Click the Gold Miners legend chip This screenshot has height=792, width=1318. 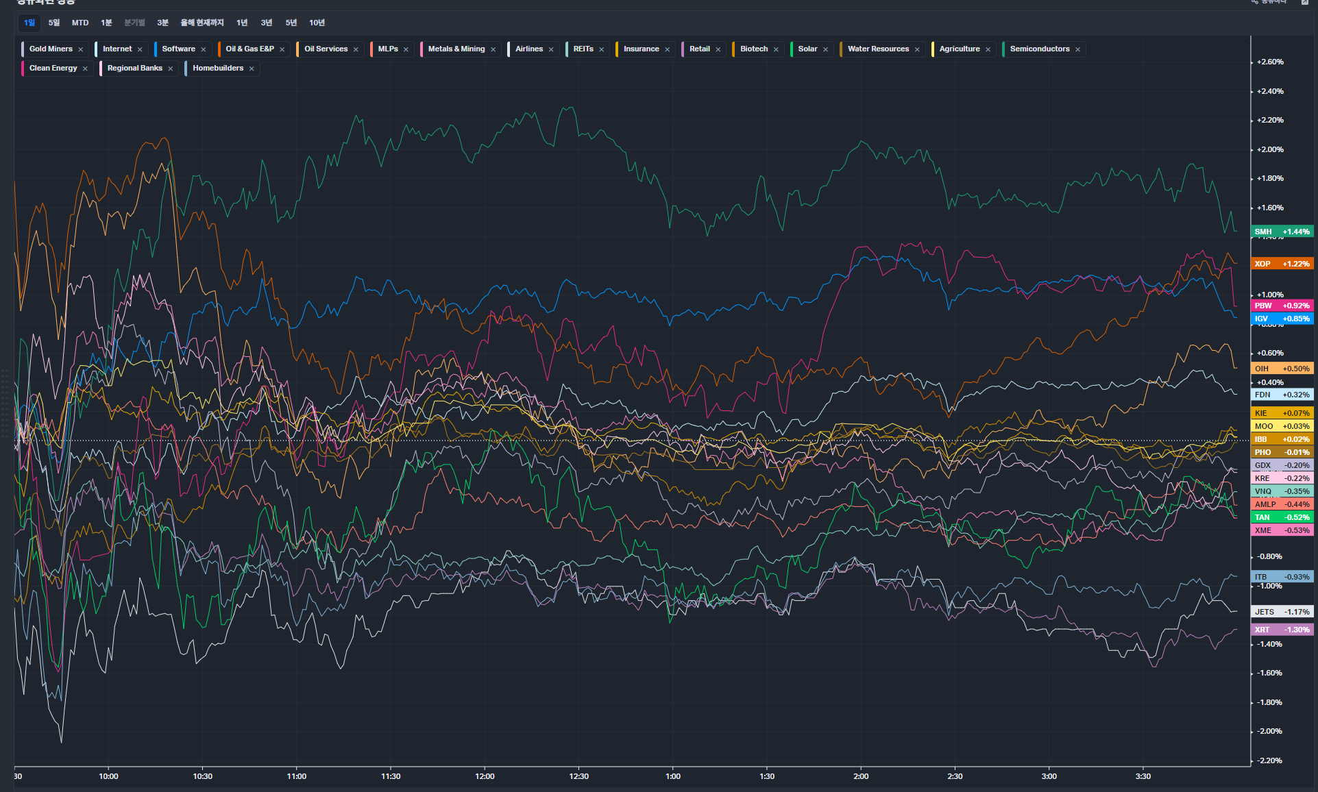51,49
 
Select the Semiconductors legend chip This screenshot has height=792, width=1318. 1039,49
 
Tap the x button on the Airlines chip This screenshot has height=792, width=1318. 551,49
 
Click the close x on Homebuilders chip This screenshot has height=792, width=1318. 252,69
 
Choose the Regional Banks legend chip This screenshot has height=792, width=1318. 134,69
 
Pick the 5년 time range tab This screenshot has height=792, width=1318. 291,23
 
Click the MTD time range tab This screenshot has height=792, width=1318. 80,23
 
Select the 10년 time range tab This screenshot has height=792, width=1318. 317,23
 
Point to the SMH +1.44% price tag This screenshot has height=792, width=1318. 1282,232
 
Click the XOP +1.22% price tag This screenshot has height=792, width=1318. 1282,264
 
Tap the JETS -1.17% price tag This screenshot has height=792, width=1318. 1282,612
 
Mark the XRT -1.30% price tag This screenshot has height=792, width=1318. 1282,630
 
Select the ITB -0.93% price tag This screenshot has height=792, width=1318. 1282,577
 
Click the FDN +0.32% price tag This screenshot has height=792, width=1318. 1282,395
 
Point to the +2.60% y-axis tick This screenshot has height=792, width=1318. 1270,62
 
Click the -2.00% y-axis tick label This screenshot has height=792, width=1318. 1270,731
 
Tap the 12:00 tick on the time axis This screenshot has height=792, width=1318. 485,776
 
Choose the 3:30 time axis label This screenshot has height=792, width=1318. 1143,776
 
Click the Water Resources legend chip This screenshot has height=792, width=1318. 878,49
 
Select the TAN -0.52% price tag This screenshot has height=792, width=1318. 1282,517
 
